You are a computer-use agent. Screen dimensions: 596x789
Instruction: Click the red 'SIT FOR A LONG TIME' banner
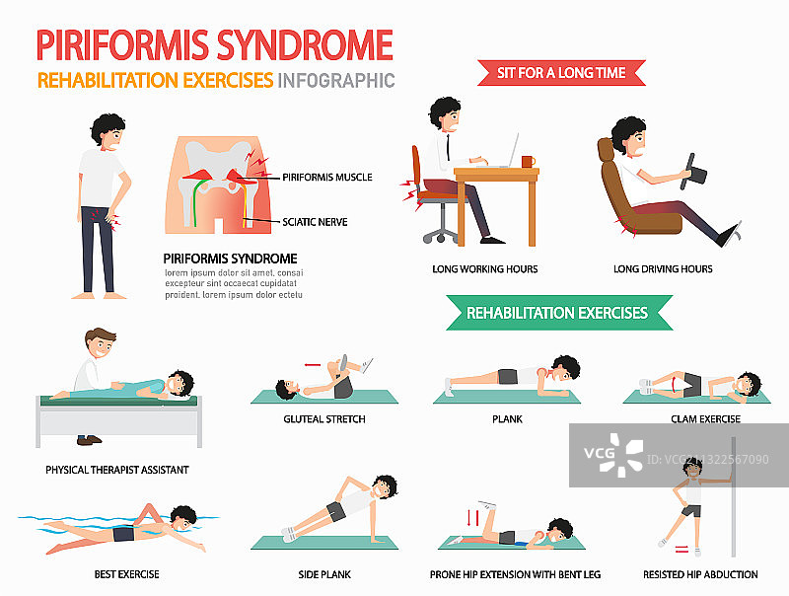coord(559,72)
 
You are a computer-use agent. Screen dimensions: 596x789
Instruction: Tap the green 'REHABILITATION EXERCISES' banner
coord(557,313)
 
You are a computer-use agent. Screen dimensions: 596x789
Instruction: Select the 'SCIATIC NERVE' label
coord(315,221)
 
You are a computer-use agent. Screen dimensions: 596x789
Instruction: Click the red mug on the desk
coord(528,161)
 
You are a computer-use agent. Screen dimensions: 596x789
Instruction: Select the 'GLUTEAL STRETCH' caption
coord(324,419)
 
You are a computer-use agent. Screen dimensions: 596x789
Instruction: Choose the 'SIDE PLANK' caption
coord(324,574)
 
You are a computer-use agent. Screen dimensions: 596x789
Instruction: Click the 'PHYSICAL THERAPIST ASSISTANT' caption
coord(116,470)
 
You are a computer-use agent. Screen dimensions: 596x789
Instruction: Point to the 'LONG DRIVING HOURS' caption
coord(663,268)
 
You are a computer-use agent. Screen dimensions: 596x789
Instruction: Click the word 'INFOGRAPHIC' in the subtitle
coord(336,80)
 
